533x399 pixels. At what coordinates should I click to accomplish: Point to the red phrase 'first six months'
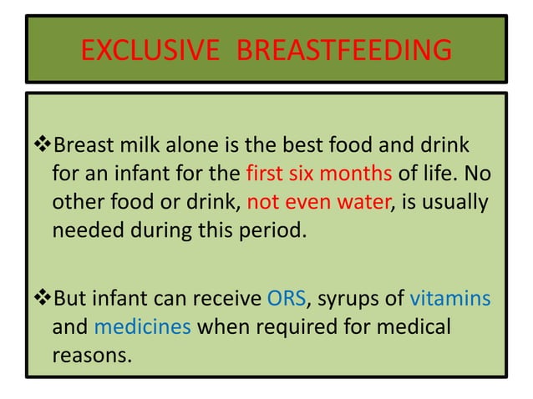click(x=305, y=175)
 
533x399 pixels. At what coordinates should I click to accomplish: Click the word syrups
click(x=346, y=300)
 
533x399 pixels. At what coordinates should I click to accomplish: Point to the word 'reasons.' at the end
click(x=92, y=356)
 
